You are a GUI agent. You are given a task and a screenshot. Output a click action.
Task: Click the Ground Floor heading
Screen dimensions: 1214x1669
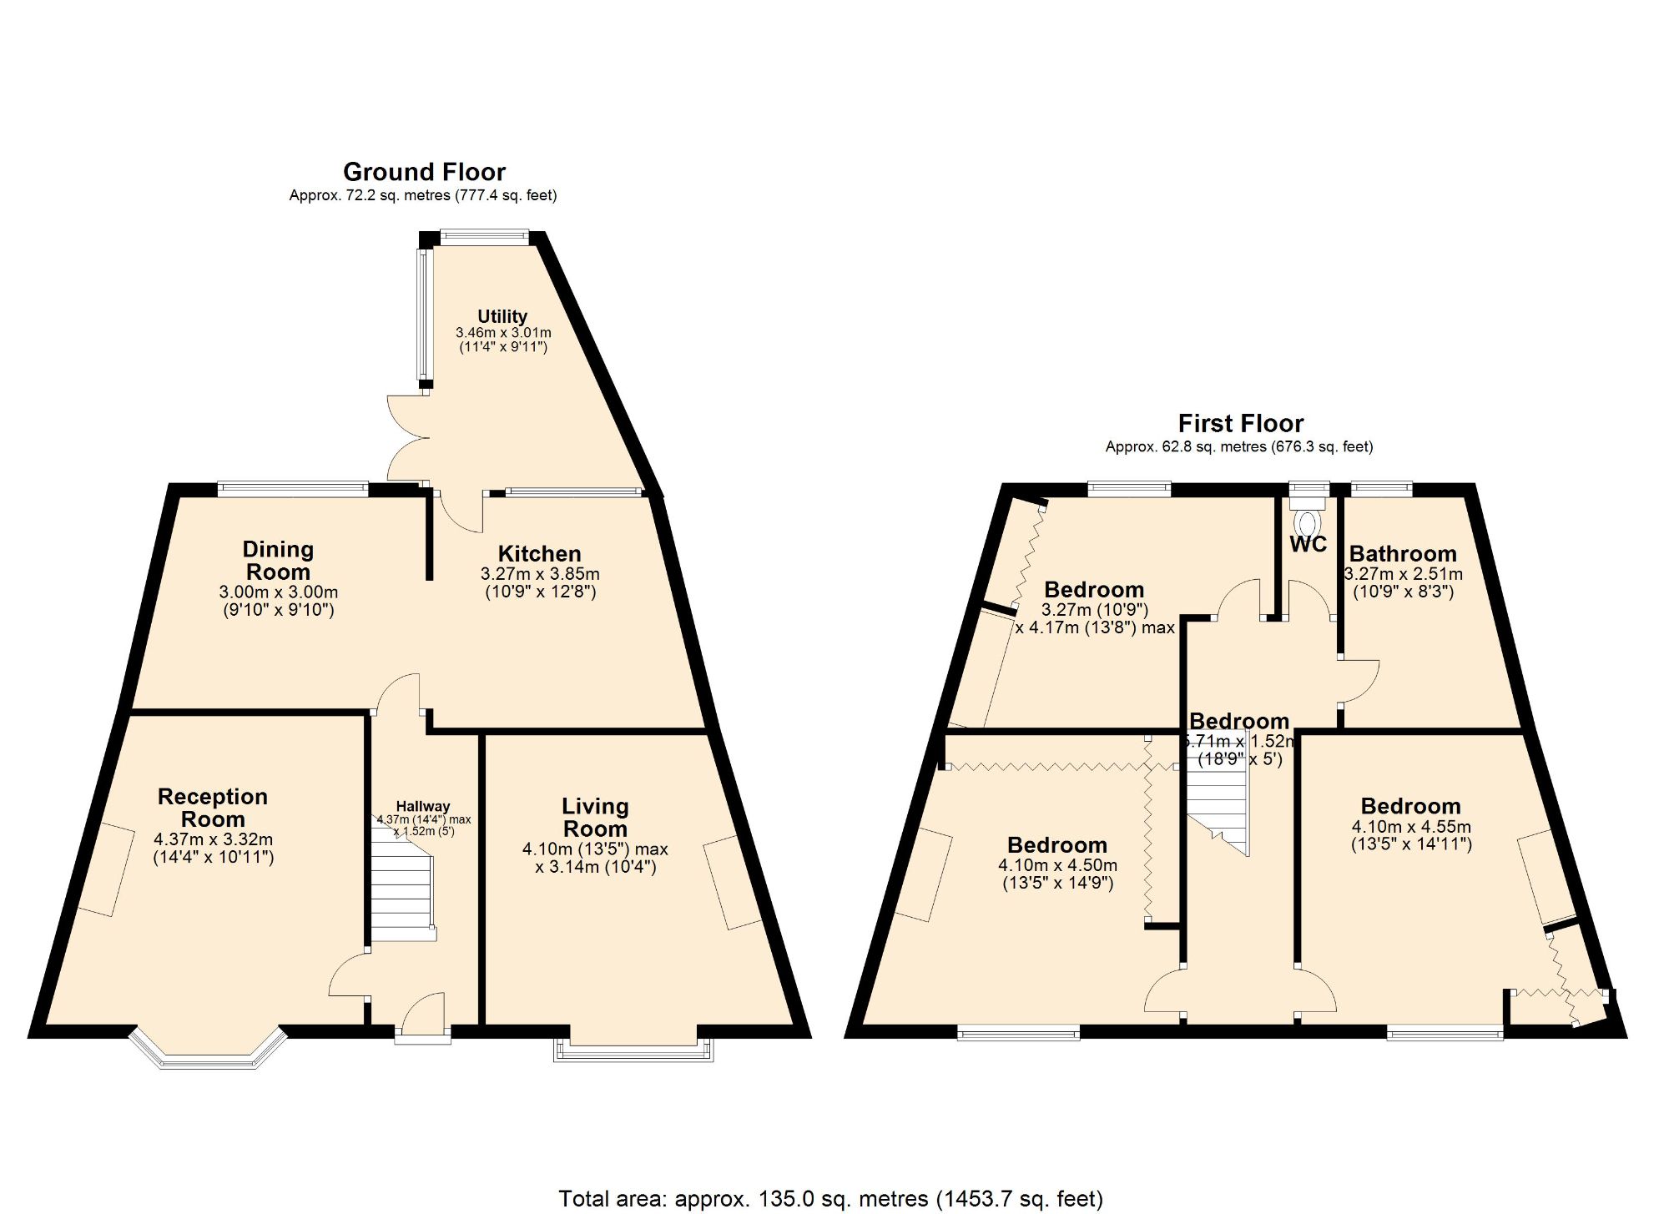(424, 172)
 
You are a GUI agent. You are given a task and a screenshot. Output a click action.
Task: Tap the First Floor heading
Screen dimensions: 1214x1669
(1240, 423)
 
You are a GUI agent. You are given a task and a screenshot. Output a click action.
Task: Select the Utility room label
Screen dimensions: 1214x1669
(502, 316)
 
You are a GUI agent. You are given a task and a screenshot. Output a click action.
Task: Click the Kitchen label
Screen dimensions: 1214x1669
(539, 553)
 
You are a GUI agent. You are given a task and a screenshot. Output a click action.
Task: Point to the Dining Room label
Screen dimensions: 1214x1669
(278, 561)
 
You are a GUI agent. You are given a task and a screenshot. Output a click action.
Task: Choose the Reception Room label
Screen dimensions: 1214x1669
(213, 808)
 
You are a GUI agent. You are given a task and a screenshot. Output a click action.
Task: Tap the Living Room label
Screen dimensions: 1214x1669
(595, 818)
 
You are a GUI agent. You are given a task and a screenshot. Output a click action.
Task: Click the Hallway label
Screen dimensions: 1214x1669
(422, 806)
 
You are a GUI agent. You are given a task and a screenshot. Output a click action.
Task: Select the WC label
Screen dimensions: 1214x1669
(1308, 544)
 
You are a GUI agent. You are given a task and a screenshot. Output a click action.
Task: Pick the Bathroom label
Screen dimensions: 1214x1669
(1403, 553)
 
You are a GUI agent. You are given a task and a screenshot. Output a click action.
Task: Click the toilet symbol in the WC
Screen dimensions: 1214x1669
(1308, 521)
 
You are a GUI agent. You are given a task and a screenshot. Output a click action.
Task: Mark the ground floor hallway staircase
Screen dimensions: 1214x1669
(402, 893)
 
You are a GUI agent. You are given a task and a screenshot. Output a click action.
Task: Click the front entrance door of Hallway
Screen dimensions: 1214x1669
(424, 1018)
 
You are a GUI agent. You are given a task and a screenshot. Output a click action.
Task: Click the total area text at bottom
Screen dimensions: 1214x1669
(830, 1199)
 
